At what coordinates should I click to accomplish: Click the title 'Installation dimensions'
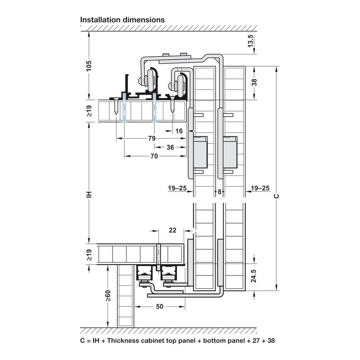pyautogui.click(x=122, y=20)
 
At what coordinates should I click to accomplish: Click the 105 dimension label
pyautogui.click(x=89, y=66)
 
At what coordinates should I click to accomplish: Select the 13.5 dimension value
pyautogui.click(x=251, y=41)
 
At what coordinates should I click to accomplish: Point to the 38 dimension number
pyautogui.click(x=254, y=82)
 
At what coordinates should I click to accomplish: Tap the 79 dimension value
pyautogui.click(x=152, y=138)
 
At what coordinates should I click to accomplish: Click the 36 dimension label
pyautogui.click(x=170, y=147)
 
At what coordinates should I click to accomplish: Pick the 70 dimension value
pyautogui.click(x=154, y=156)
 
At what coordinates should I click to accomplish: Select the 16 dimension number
pyautogui.click(x=179, y=131)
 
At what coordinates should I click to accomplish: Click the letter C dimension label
pyautogui.click(x=277, y=196)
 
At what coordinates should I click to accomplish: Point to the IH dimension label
pyautogui.click(x=89, y=194)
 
